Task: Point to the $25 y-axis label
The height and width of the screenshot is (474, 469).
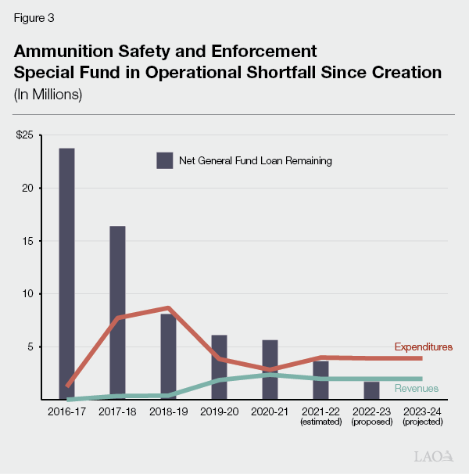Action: click(25, 135)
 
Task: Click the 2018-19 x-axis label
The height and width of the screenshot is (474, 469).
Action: click(168, 411)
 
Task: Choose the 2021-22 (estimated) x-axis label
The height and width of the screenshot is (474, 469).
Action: click(320, 415)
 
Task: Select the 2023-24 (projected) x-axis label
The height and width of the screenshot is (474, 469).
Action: click(422, 415)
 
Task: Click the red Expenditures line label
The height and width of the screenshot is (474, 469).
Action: click(423, 347)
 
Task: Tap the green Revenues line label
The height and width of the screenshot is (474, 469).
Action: click(417, 388)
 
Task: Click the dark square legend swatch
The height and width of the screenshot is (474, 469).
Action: click(164, 160)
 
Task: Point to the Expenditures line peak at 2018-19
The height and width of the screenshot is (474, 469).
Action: click(168, 308)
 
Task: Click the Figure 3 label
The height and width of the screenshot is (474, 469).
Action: click(34, 17)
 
